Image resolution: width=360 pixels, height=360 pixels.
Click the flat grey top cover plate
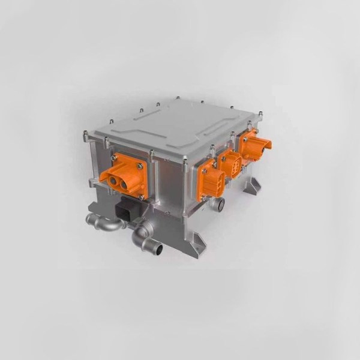pyautogui.click(x=174, y=125)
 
